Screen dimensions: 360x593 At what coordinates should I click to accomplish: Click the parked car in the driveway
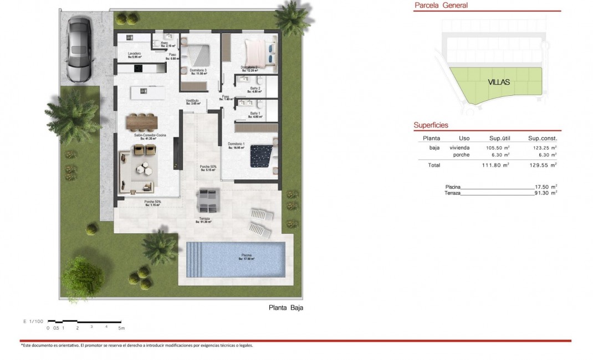(x=80, y=48)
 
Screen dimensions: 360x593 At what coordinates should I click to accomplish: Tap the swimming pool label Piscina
(x=247, y=256)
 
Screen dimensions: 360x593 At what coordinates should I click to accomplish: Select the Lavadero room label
(x=135, y=54)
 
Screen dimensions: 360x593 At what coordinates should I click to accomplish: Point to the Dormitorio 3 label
(x=198, y=71)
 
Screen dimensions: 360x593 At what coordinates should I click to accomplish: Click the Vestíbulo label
(x=192, y=101)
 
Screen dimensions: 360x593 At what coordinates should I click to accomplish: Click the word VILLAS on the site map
(x=499, y=82)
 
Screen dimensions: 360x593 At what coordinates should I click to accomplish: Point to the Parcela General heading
(x=441, y=6)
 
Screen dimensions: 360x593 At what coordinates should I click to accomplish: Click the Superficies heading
(x=431, y=126)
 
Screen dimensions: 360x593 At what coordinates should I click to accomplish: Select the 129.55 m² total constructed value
(x=543, y=165)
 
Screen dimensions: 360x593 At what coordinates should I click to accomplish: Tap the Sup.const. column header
(x=543, y=138)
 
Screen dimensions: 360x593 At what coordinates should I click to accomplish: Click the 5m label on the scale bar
(x=120, y=328)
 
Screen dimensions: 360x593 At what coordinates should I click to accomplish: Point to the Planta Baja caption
(x=286, y=308)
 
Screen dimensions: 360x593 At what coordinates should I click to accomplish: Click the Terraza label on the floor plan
(x=205, y=219)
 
